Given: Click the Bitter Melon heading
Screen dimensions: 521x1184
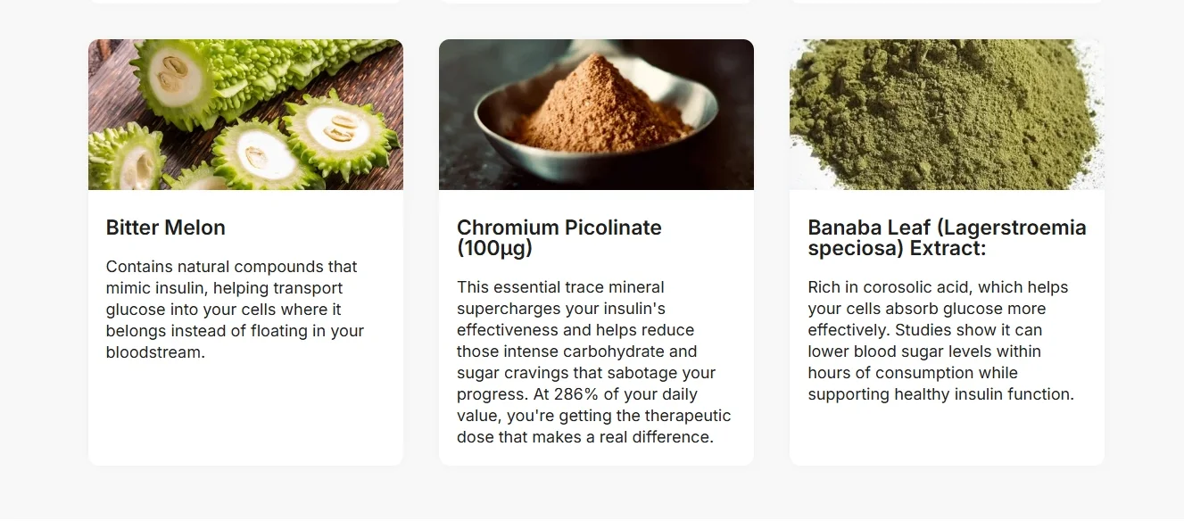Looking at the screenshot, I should [x=165, y=227].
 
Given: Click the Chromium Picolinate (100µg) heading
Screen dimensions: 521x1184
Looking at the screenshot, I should [x=559, y=237].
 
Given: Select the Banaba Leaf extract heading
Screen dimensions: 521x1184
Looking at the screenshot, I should [x=946, y=237].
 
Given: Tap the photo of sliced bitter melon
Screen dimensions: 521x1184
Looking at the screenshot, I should [x=245, y=114].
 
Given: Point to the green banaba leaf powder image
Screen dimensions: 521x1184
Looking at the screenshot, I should [x=947, y=114].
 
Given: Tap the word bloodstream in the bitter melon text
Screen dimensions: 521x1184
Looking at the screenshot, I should [x=155, y=352].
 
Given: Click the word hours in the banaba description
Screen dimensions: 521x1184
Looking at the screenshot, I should [x=831, y=373].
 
